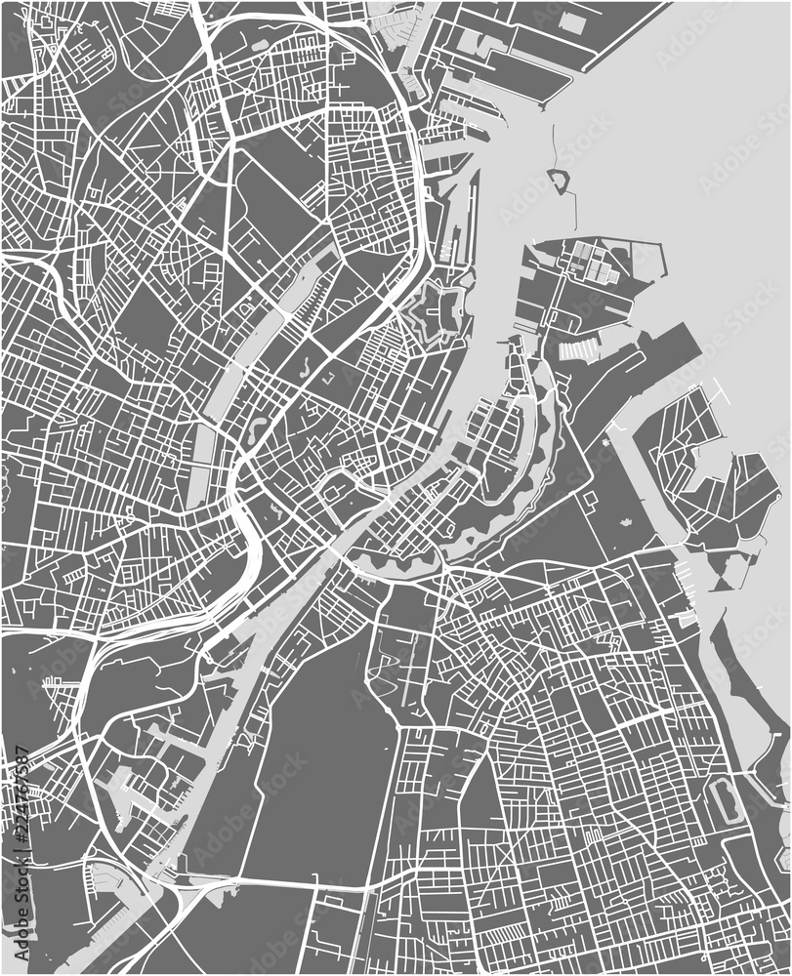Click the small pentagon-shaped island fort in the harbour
click(x=560, y=181)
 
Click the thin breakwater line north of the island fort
click(x=554, y=146)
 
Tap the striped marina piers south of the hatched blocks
click(x=578, y=352)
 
